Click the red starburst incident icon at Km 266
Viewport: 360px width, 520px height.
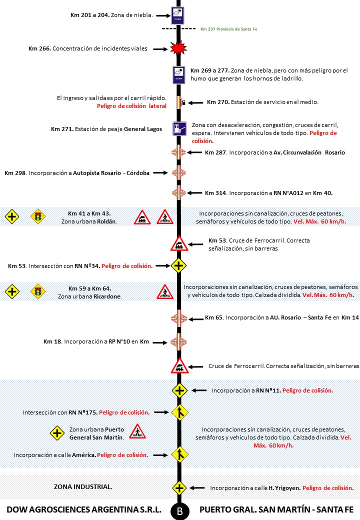point(178,48)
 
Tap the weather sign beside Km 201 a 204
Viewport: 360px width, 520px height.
point(178,15)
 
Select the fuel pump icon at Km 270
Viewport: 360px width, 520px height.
point(184,102)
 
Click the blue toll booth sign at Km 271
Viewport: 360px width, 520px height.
point(179,129)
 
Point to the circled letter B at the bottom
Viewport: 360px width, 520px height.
point(179,511)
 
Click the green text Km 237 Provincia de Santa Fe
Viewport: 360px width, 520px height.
point(228,29)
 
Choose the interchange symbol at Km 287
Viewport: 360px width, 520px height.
point(178,152)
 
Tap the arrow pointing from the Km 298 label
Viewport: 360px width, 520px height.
point(159,172)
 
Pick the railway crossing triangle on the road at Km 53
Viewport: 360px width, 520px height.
point(179,244)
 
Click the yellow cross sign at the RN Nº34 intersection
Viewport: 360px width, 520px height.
point(178,265)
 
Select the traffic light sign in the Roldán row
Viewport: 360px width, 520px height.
point(37,216)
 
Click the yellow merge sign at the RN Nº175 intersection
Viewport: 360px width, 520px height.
point(179,412)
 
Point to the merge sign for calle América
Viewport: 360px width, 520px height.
point(179,454)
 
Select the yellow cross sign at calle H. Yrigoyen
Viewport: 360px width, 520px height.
point(179,487)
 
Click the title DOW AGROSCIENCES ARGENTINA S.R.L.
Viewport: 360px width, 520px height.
point(83,510)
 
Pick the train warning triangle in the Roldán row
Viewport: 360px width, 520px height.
point(142,217)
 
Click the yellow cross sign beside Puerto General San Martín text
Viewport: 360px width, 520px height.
point(57,433)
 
